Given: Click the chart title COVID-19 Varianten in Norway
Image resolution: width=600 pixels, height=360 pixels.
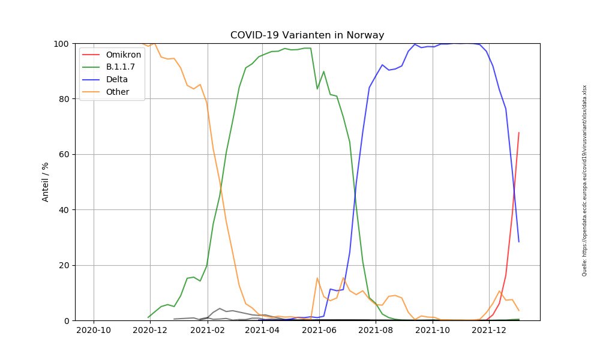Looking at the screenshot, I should click(307, 35).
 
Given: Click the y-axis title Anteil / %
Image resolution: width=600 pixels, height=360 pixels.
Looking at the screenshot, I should click(46, 182).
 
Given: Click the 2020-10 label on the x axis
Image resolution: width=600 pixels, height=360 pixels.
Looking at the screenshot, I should click(94, 330).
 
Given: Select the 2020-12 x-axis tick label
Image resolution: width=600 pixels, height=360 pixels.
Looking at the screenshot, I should click(149, 330).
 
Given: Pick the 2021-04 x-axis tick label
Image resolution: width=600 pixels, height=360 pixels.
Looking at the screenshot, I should click(262, 330).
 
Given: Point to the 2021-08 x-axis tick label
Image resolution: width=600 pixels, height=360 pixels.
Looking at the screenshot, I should click(376, 330).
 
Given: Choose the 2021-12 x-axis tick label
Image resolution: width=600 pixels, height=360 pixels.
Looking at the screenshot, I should click(489, 330).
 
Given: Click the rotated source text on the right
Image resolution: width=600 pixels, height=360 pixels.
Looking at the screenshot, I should click(584, 180).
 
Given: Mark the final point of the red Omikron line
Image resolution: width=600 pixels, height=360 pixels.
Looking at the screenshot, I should click(518, 133).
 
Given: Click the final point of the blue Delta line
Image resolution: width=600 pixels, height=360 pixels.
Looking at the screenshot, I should click(518, 242).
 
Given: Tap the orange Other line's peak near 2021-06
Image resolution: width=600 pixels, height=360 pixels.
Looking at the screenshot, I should click(317, 278).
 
